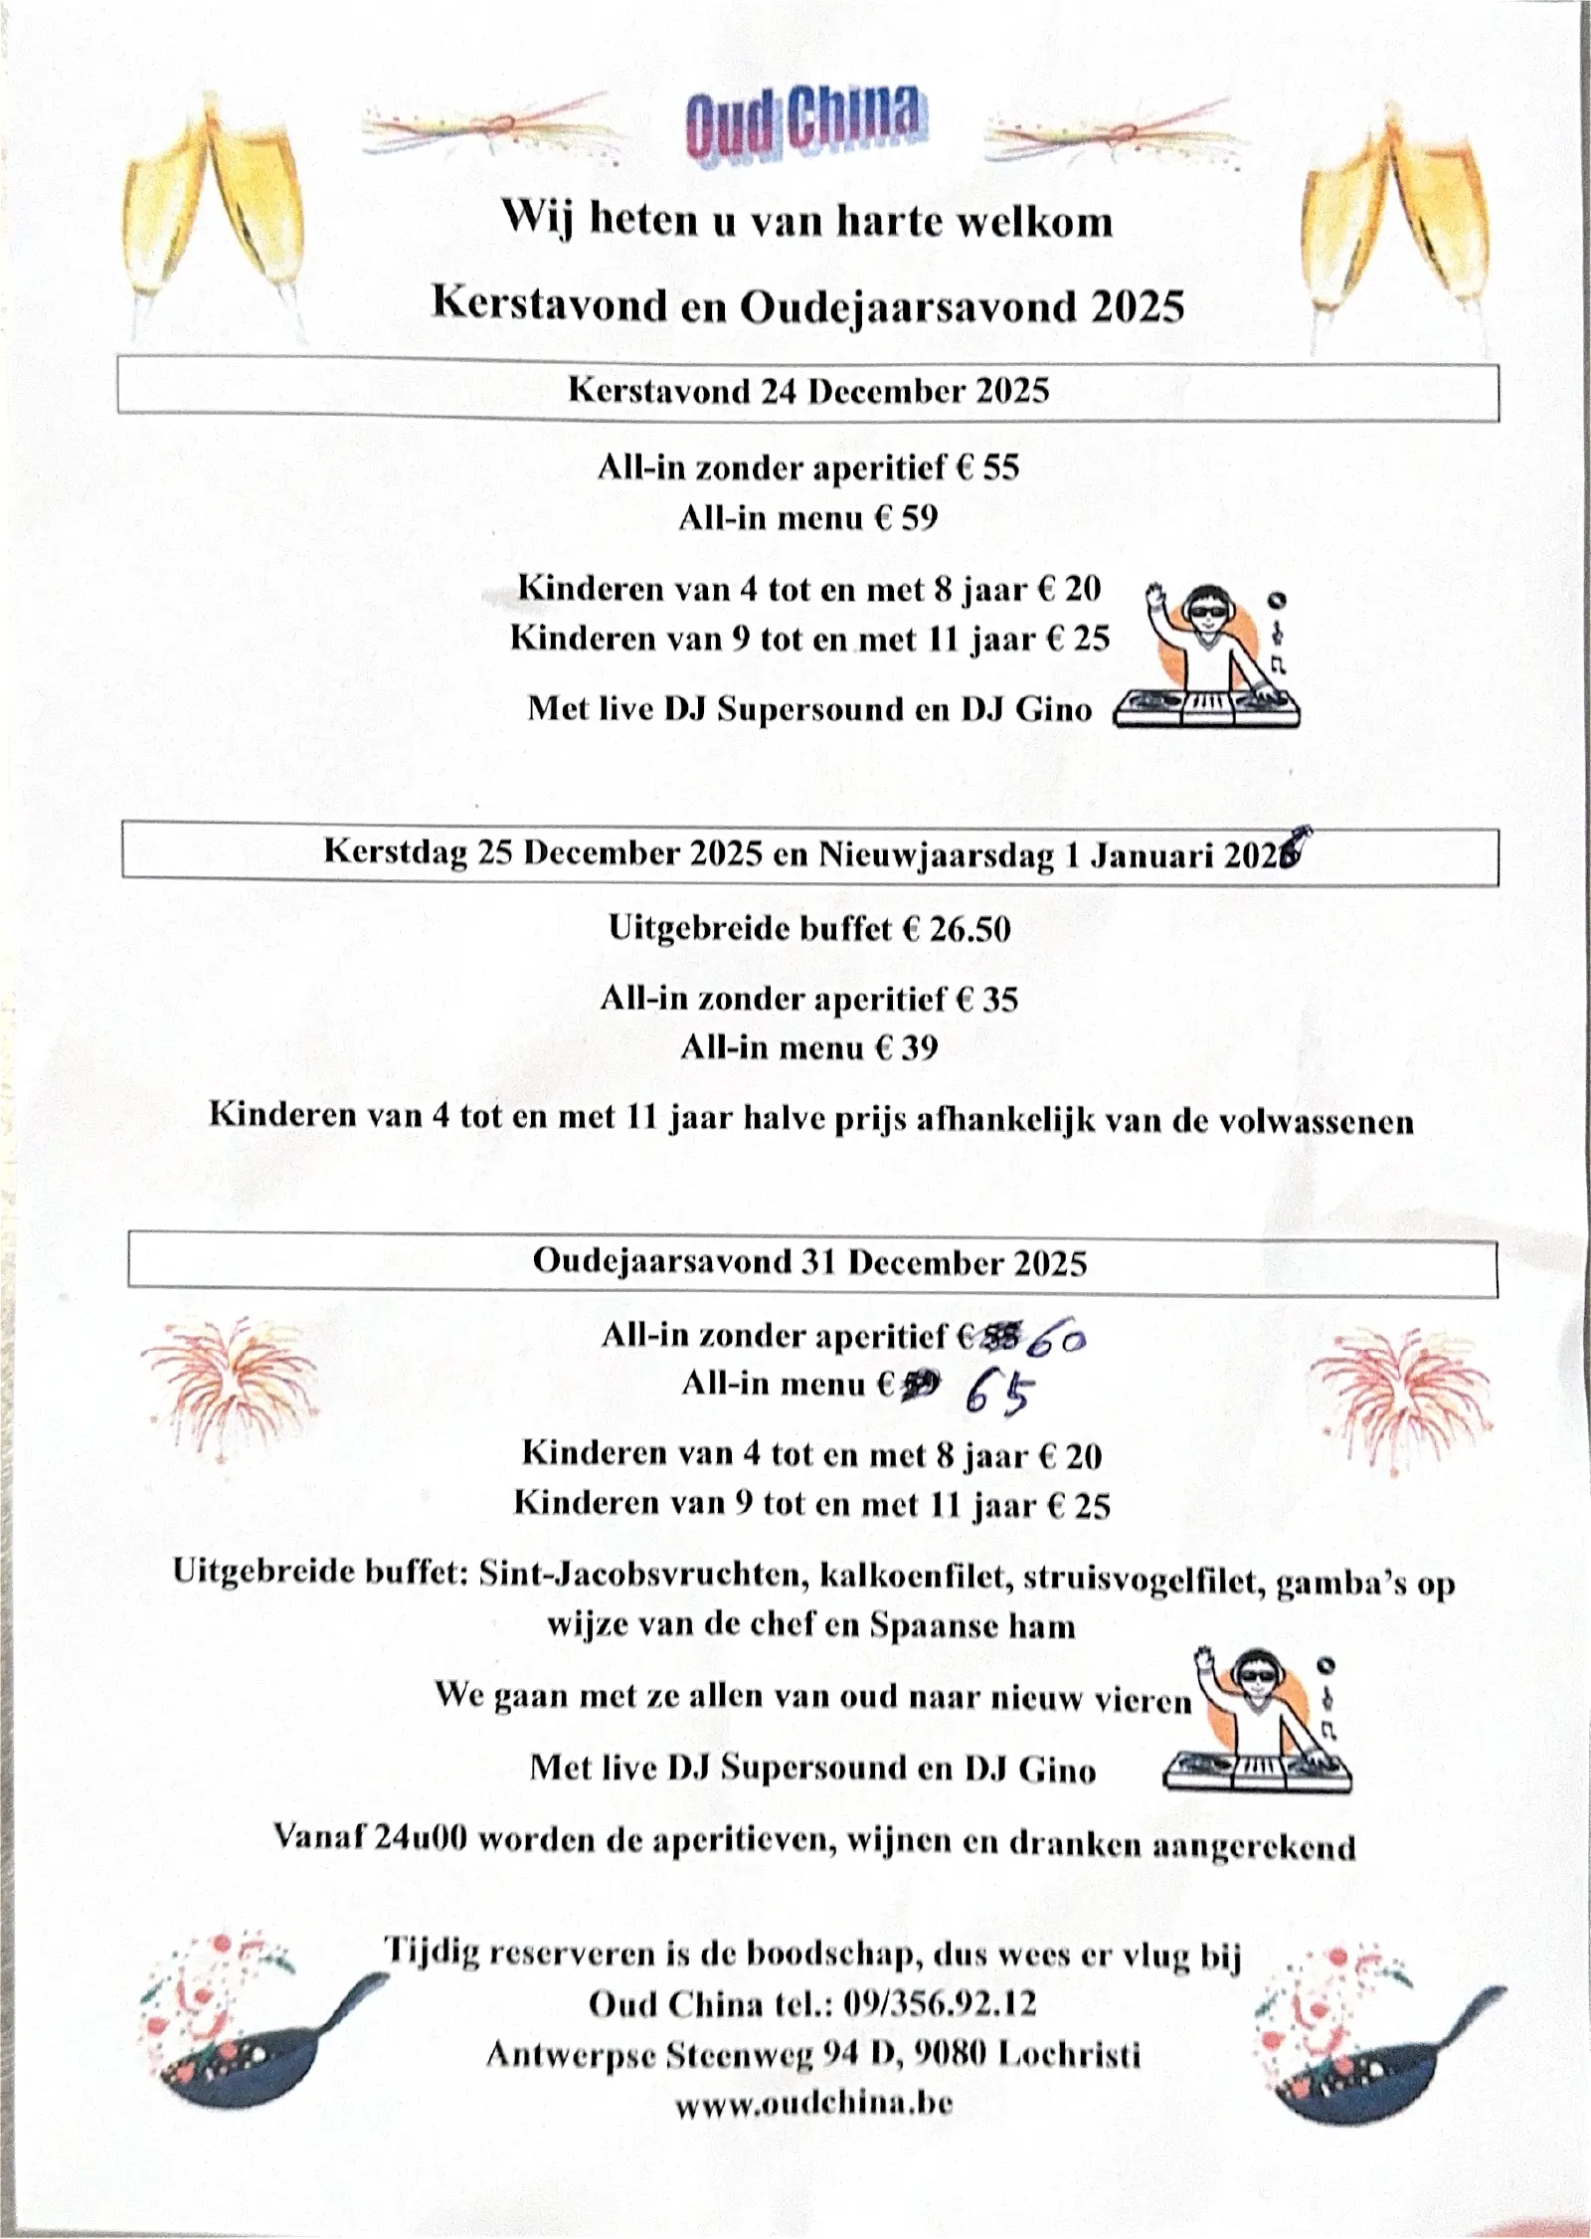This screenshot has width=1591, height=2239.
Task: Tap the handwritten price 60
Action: tap(1057, 1339)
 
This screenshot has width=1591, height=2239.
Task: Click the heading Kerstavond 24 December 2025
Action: tap(807, 390)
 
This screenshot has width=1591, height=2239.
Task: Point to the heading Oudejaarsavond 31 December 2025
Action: tap(809, 1262)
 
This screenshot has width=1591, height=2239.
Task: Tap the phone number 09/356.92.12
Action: tap(939, 2002)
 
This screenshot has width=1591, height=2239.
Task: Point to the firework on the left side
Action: tap(229, 1384)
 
